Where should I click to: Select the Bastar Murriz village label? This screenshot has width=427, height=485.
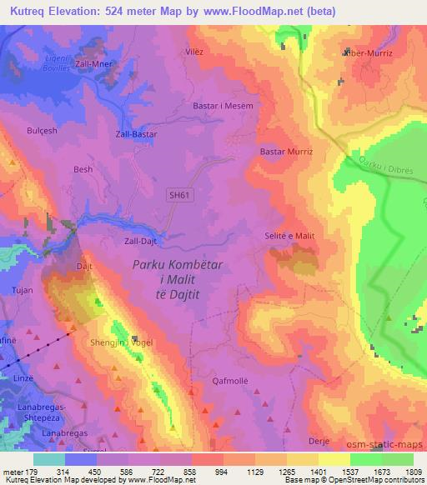coord(286,152)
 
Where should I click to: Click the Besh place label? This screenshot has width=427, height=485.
coord(83,169)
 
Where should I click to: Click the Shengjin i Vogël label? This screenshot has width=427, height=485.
coord(116,341)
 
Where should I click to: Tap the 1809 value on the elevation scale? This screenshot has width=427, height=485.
coord(414,471)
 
